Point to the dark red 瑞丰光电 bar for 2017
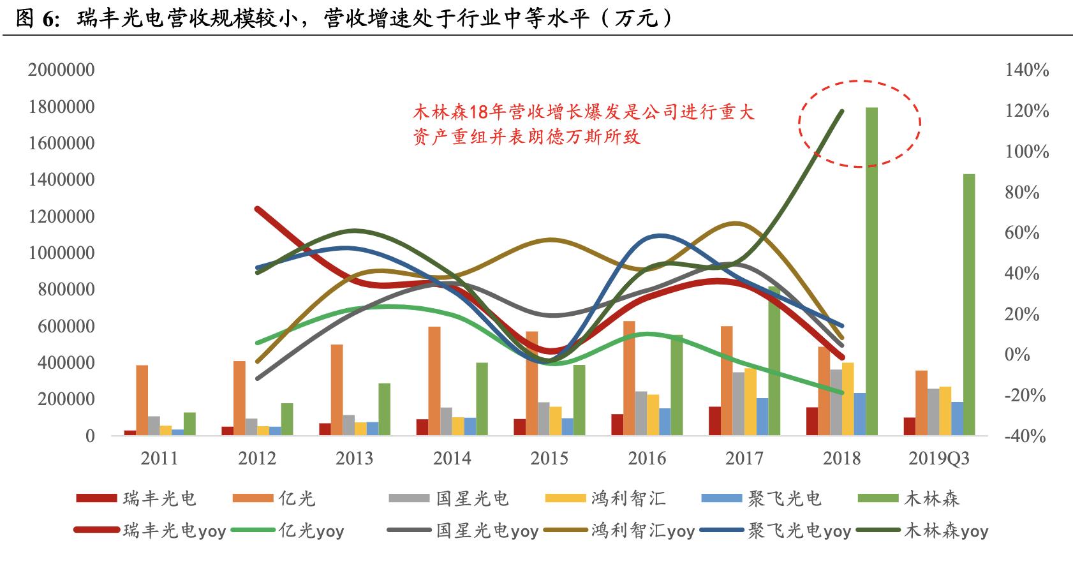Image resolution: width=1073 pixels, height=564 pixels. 714,420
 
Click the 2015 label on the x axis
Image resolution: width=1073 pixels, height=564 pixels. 549,458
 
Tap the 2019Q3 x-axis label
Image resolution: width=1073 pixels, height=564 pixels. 938,458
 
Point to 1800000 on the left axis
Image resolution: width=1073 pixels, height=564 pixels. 61,107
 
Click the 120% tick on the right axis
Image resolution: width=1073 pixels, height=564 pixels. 1026,111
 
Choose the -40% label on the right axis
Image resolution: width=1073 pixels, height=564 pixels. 1026,436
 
